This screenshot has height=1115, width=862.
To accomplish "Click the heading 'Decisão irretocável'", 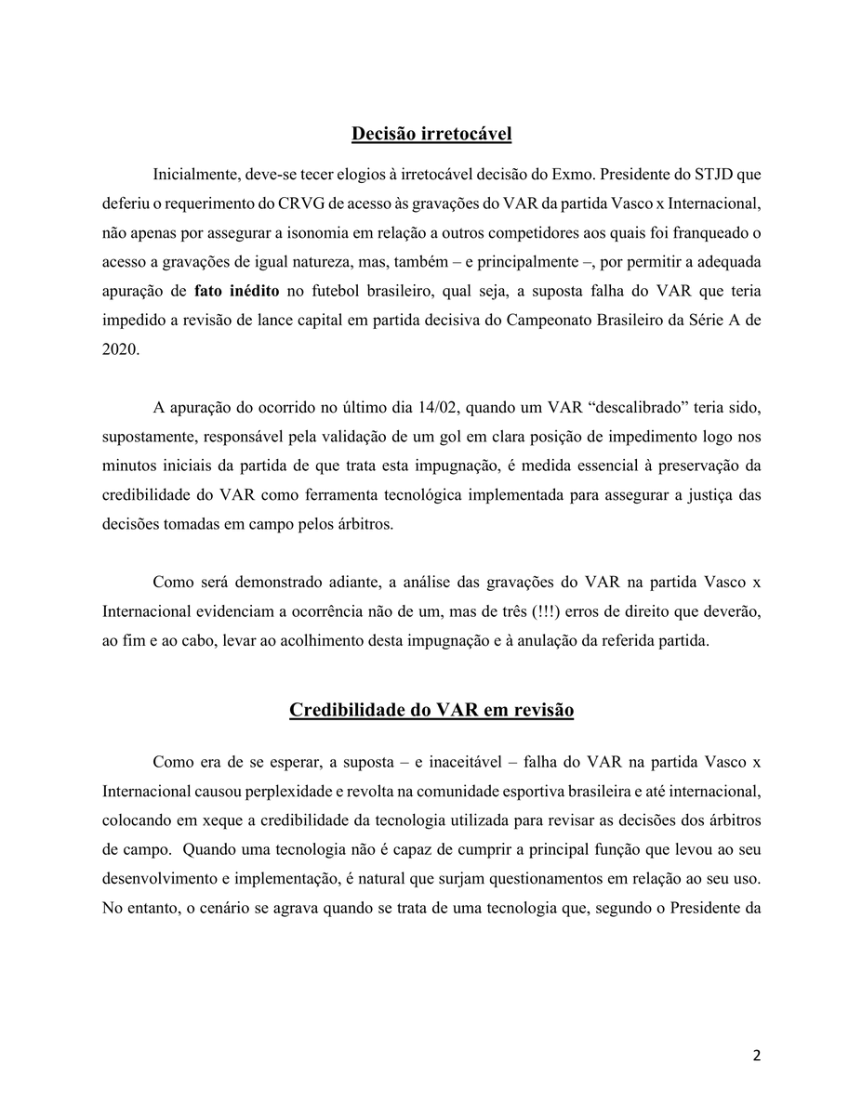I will click(431, 134).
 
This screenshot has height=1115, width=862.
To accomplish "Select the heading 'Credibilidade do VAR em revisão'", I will click(431, 710).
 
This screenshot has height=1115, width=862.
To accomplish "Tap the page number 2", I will click(756, 1056).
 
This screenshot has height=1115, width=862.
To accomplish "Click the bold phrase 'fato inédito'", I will click(237, 289).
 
